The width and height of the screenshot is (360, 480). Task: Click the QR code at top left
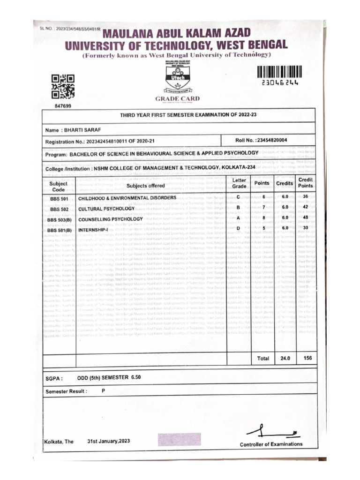pos(63,86)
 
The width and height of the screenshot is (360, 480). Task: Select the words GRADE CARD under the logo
pos(177,98)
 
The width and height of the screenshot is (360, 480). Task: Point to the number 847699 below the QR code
pos(63,106)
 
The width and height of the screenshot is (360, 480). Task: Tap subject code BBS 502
pos(60,209)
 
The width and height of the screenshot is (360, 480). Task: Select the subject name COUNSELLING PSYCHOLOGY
pos(110,219)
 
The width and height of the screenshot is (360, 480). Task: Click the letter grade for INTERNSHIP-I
pos(239,228)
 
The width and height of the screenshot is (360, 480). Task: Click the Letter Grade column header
pos(239,183)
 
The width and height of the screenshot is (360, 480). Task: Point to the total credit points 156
pos(307,358)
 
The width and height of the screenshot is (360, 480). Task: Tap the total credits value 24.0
pos(285,358)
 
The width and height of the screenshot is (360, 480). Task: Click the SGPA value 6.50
pos(136,377)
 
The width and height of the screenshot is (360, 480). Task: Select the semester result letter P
pos(103,390)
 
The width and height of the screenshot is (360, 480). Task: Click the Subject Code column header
pos(59,187)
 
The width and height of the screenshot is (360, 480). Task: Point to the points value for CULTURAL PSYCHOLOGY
pos(264,207)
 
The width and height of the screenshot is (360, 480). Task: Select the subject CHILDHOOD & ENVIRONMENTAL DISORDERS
pos(127,198)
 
